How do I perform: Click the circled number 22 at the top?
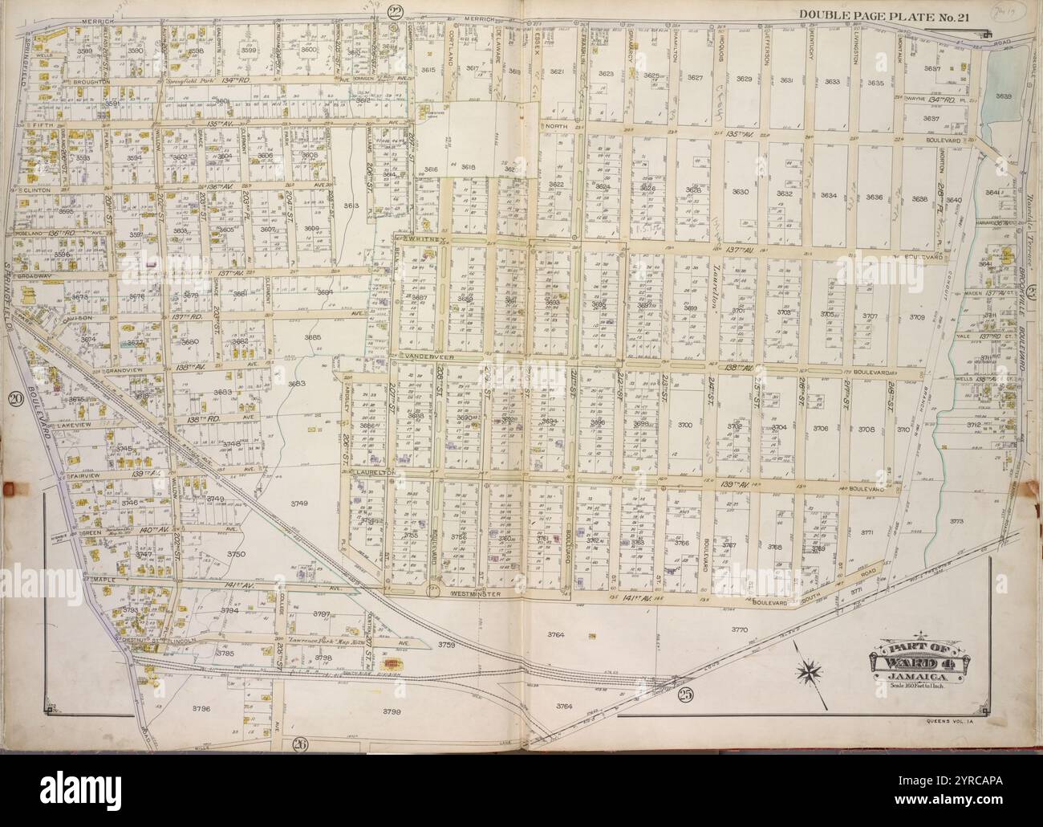point(394,10)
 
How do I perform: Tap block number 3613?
point(351,206)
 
